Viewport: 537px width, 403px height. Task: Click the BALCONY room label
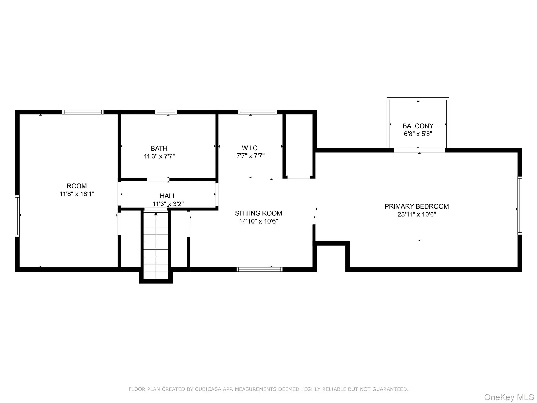(418, 126)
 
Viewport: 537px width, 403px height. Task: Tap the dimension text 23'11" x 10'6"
(416, 214)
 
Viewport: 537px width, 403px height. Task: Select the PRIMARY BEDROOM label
(416, 206)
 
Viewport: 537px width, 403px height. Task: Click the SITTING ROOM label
(258, 213)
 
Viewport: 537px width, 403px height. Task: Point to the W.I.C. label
(250, 148)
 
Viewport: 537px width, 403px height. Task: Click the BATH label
(159, 148)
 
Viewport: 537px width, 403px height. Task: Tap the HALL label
(168, 196)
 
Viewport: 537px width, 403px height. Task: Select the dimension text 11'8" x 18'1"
(77, 194)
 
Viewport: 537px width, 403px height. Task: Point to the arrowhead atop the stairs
(156, 214)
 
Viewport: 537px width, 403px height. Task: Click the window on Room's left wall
(17, 216)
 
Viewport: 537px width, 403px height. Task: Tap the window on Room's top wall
(83, 112)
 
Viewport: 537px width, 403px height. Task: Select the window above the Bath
(166, 112)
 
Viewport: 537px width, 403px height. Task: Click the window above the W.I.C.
(257, 112)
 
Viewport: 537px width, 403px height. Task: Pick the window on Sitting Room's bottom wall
(259, 269)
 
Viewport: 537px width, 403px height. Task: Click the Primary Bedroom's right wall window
(519, 205)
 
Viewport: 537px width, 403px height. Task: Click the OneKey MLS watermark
(509, 397)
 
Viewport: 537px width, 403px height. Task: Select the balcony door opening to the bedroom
(419, 150)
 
